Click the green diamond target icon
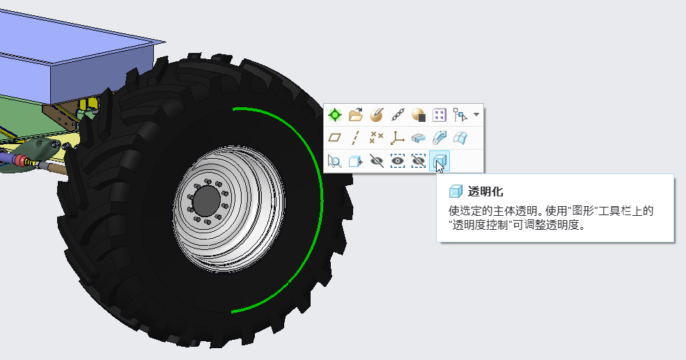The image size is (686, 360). coord(335,115)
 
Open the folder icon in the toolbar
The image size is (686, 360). coord(356,115)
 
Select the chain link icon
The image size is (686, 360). coord(398,115)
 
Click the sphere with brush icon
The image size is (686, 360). coord(377,115)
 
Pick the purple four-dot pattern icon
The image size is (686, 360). coord(439,115)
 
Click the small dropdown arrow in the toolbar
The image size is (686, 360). coord(476,115)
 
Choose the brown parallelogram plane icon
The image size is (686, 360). coord(335,138)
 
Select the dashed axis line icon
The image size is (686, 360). coord(355,138)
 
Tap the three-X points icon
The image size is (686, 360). coord(376,138)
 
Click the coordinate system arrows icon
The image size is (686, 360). coord(397,138)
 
